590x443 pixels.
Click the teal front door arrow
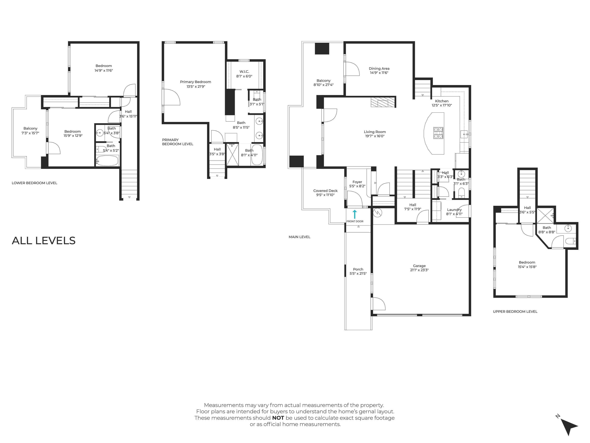click(355, 214)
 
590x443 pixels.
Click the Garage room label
click(419, 266)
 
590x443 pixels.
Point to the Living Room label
click(375, 132)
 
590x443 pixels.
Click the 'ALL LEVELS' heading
click(44, 241)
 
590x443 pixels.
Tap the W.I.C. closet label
click(244, 72)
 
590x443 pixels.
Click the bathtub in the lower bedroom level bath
click(107, 161)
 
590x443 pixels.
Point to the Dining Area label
click(379, 68)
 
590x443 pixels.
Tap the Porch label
click(358, 269)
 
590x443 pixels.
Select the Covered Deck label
click(325, 191)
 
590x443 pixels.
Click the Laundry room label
click(454, 210)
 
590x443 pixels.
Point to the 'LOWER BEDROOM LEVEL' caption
click(34, 183)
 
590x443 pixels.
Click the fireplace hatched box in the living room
click(383, 102)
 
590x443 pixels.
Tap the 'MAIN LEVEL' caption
click(299, 237)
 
